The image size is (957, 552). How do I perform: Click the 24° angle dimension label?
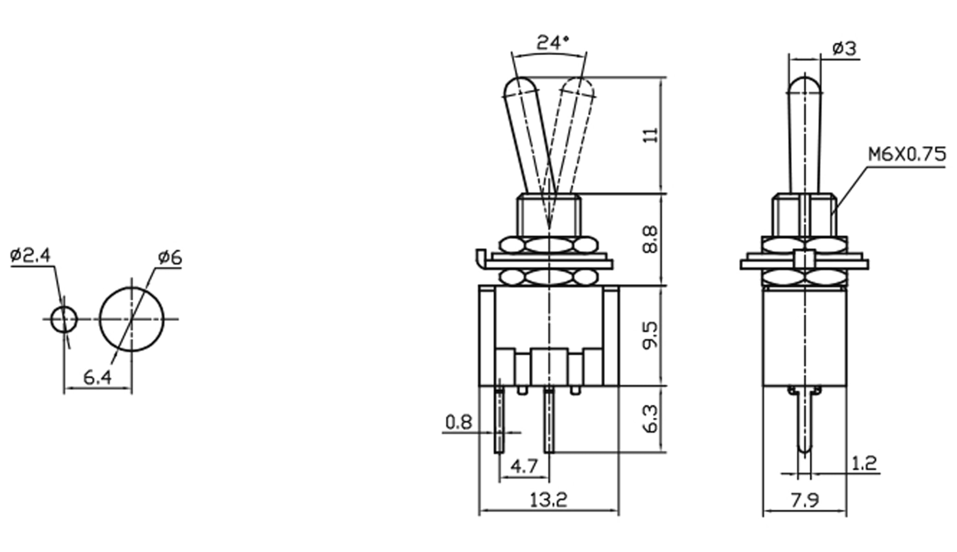click(553, 43)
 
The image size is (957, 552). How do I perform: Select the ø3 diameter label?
click(844, 48)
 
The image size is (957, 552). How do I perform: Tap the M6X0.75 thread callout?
click(907, 155)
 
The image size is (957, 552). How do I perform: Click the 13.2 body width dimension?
click(548, 500)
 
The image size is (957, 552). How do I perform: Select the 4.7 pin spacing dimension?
click(524, 466)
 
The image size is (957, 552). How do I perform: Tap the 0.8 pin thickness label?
click(459, 422)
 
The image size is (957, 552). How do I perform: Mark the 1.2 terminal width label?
click(864, 463)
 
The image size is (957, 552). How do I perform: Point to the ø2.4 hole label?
click(30, 255)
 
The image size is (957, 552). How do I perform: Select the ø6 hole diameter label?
click(170, 258)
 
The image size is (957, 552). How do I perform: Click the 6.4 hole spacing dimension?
click(97, 378)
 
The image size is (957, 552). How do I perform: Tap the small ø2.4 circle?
click(64, 319)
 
